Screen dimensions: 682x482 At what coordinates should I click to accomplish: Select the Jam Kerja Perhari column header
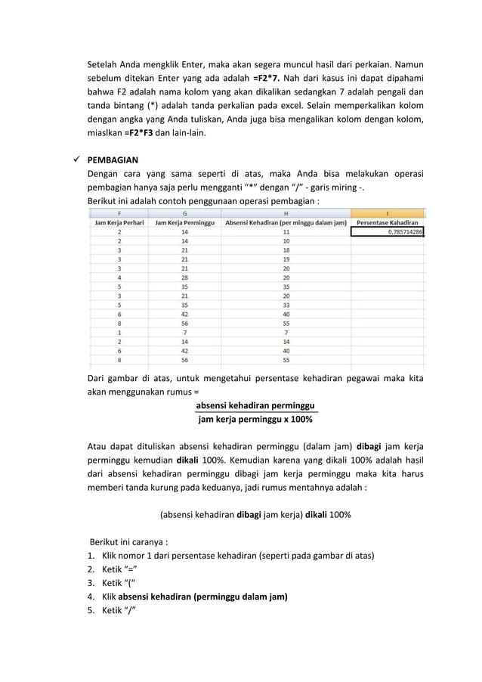click(x=119, y=223)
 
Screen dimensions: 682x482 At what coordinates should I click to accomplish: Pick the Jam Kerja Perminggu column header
click(x=184, y=223)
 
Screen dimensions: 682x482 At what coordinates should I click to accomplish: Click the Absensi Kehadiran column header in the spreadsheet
click(x=286, y=223)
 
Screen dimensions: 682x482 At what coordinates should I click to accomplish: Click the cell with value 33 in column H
click(x=286, y=305)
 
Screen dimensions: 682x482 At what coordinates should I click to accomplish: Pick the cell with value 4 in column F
click(x=119, y=277)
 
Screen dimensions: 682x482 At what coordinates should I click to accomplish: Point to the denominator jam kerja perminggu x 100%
click(x=255, y=419)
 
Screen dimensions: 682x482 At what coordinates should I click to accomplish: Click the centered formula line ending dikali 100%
click(x=255, y=514)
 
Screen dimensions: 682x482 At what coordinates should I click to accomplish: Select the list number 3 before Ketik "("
click(x=91, y=582)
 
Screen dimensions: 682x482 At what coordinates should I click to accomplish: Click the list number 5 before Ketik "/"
click(x=91, y=609)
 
